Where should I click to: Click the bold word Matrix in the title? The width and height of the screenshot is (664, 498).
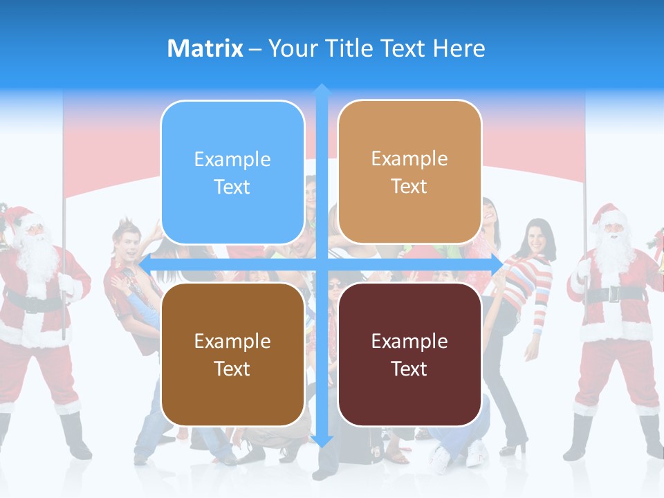(x=205, y=48)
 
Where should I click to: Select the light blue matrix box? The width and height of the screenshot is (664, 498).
(x=232, y=172)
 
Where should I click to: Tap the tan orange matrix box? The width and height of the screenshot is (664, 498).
(x=409, y=172)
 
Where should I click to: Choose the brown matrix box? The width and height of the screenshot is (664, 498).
(x=232, y=354)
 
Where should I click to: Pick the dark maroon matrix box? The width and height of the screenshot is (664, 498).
(x=409, y=354)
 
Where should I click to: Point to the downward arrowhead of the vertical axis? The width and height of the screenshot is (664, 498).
(x=322, y=441)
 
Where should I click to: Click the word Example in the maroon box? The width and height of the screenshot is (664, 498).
(x=409, y=341)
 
